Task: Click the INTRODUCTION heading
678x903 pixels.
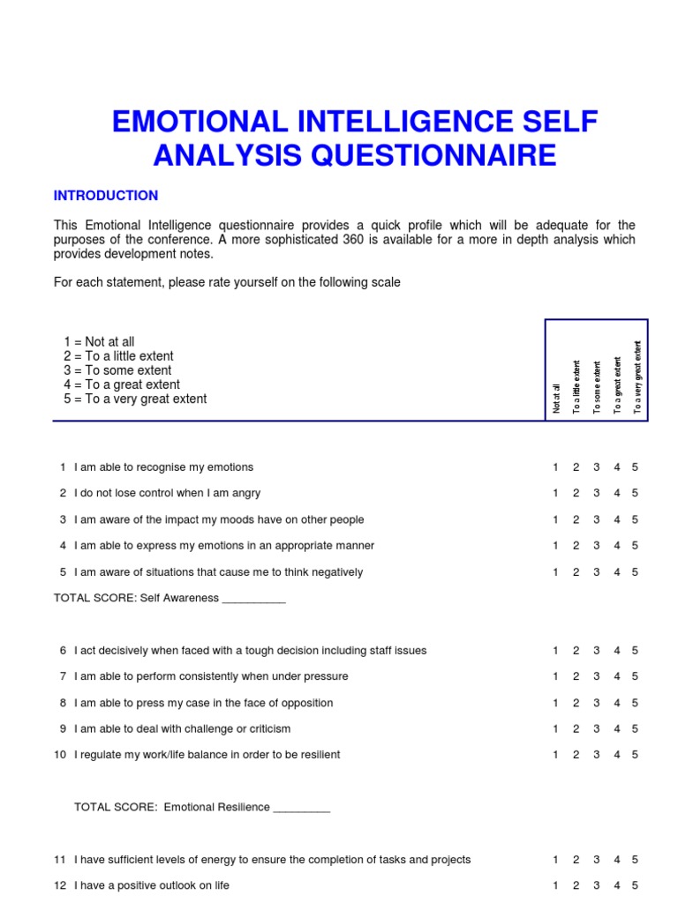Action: (106, 196)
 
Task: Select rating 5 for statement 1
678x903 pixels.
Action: (635, 467)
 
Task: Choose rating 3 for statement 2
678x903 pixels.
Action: (596, 493)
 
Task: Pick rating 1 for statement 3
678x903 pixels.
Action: (555, 519)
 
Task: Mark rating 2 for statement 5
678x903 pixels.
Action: (576, 572)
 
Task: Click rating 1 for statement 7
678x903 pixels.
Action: (555, 676)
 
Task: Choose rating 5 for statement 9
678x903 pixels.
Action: (635, 729)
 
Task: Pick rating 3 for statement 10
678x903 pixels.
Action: (596, 755)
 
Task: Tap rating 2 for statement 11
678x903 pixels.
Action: (576, 860)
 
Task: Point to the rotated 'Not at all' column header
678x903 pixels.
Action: (556, 398)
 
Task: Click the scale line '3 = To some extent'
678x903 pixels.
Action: (117, 370)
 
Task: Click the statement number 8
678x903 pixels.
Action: (63, 703)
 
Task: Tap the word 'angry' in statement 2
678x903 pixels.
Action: (245, 493)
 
